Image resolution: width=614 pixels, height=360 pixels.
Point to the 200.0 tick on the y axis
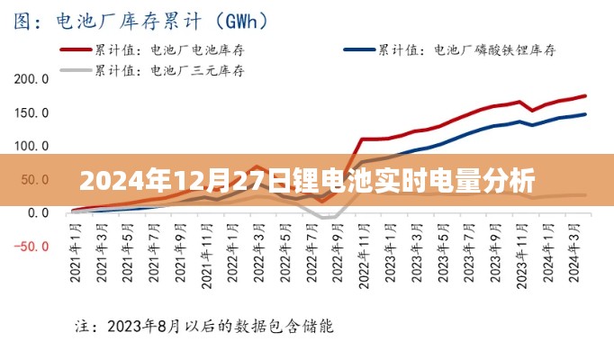[32, 79]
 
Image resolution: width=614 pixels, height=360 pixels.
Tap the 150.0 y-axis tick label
[32, 112]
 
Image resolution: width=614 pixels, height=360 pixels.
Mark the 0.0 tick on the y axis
[38, 213]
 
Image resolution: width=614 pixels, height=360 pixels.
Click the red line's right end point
[585, 95]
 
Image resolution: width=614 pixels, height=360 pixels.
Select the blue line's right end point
[585, 114]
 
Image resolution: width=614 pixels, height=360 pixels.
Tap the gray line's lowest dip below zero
[328, 218]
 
